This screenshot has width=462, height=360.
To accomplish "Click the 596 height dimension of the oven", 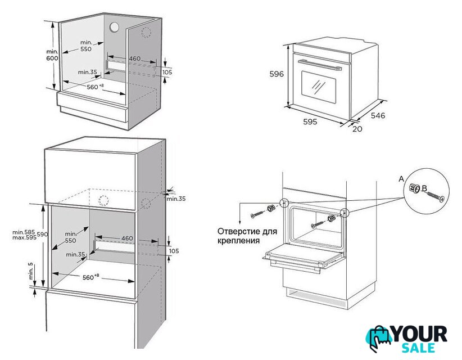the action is (277, 74).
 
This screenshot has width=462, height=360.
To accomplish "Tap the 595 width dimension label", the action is (310, 121).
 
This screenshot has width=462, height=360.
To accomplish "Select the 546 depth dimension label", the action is (378, 115).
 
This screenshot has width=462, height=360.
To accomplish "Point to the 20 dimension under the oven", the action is (357, 129).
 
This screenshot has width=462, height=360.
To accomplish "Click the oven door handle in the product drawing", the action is (320, 65).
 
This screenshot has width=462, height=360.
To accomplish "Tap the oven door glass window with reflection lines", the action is (319, 87).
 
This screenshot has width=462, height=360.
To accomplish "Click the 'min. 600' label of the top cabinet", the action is (52, 55).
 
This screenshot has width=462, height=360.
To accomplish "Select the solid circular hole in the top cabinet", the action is (114, 27).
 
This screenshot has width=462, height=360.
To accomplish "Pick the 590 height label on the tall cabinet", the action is (42, 235).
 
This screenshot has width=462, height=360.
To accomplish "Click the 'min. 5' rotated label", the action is (31, 271).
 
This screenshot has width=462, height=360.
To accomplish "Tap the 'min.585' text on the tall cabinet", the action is (24, 232).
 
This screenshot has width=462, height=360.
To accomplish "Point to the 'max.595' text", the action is (24, 237).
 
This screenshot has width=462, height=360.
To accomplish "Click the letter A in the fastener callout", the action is (401, 179).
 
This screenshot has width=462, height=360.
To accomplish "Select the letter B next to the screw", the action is (424, 188).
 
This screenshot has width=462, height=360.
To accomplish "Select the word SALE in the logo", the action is (418, 348).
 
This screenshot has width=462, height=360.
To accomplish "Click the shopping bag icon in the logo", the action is (379, 339).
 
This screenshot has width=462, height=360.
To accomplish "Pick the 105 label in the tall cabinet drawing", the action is (174, 251).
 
